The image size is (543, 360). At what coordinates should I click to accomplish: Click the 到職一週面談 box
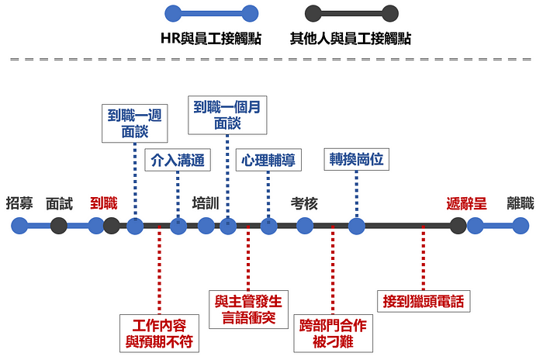(x=135, y=123)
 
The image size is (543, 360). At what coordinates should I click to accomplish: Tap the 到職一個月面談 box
(x=227, y=115)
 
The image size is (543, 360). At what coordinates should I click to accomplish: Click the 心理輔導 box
(x=268, y=161)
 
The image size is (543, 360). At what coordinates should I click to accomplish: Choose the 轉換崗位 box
(x=356, y=159)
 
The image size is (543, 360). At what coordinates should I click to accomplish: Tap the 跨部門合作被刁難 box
(x=333, y=332)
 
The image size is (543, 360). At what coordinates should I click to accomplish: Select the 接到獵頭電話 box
(x=423, y=300)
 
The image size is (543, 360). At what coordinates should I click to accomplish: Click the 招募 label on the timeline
(x=19, y=203)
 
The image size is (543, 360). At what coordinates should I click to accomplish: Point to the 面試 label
(x=59, y=203)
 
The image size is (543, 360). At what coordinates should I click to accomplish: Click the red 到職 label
(x=103, y=203)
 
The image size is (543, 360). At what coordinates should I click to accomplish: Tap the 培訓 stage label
(x=206, y=203)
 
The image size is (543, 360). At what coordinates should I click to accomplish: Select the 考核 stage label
(x=304, y=203)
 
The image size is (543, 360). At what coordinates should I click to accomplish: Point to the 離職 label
(x=521, y=203)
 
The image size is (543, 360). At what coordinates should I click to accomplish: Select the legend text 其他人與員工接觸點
(x=350, y=38)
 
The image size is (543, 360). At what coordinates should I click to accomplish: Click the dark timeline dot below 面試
(x=59, y=226)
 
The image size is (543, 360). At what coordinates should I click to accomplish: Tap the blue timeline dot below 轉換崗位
(x=356, y=226)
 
